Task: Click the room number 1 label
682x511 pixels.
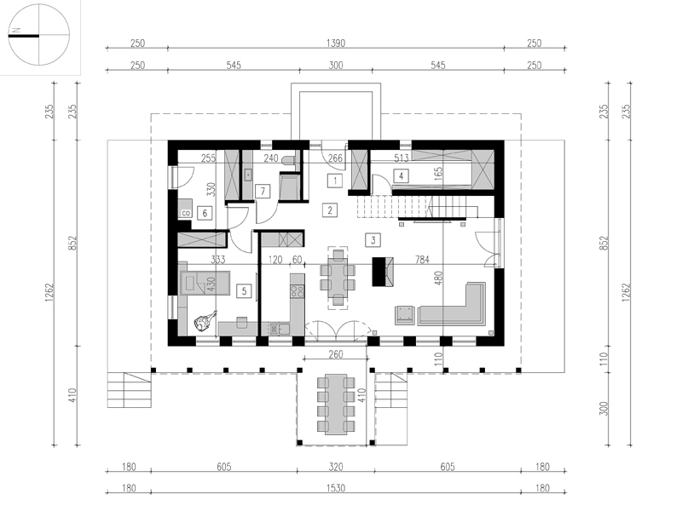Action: click(335, 181)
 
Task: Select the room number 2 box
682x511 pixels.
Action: click(330, 210)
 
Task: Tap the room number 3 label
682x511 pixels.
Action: click(373, 239)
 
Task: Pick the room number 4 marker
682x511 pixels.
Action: click(401, 175)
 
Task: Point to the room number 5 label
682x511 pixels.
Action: click(244, 290)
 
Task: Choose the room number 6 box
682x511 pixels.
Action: click(205, 213)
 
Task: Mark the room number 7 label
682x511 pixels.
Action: click(263, 191)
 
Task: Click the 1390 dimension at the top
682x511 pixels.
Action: click(336, 43)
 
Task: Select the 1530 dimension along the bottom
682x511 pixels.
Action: click(336, 488)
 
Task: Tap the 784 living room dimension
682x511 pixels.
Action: click(422, 260)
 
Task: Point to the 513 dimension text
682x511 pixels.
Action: click(401, 158)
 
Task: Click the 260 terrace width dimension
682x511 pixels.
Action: click(336, 354)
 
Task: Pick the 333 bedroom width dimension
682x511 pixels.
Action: click(218, 260)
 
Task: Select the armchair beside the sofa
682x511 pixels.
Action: click(404, 315)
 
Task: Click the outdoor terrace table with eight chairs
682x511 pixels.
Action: click(336, 404)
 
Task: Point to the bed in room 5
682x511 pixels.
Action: click(205, 284)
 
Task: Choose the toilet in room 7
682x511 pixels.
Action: click(288, 160)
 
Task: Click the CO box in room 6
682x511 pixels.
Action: click(186, 213)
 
